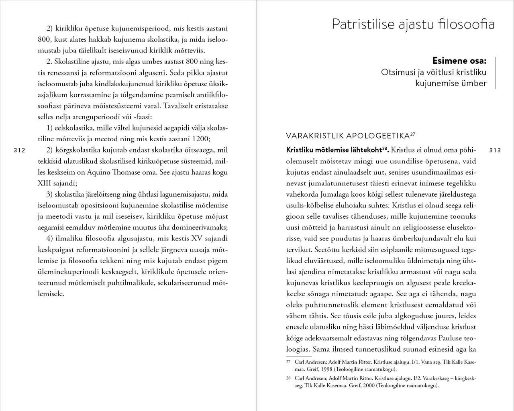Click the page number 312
pos(19,151)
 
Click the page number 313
pos(496,151)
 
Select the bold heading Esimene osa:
pos(459,61)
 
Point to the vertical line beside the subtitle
pos(495,72)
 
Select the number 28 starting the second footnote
pos(288,378)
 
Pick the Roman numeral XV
pos(198,238)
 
